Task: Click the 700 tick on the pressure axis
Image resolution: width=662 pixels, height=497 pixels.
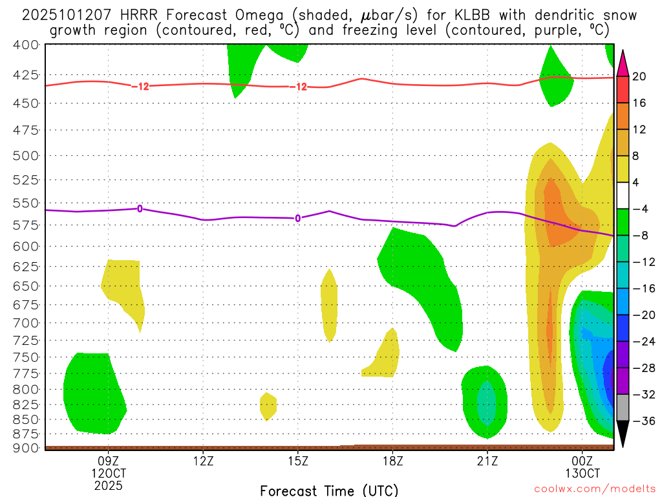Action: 27,322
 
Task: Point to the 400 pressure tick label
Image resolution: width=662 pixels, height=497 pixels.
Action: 27,45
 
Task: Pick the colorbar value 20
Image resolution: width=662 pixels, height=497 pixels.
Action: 639,76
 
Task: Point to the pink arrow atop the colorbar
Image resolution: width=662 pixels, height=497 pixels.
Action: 623,63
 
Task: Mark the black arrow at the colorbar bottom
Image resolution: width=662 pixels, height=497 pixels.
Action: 623,434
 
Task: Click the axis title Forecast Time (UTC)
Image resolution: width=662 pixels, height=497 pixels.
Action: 329,490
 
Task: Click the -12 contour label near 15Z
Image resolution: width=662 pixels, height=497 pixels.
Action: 298,87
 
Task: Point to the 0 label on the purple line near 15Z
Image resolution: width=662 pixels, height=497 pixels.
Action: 298,218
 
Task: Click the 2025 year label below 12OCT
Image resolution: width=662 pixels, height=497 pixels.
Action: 109,485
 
